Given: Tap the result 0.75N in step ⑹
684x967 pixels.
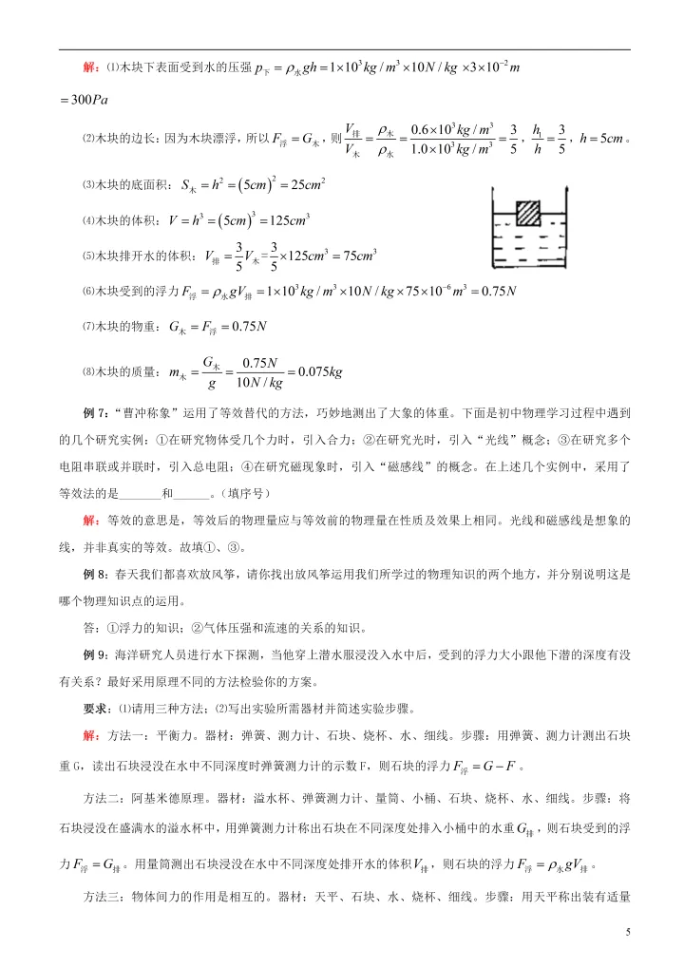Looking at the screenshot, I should click(x=492, y=291).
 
